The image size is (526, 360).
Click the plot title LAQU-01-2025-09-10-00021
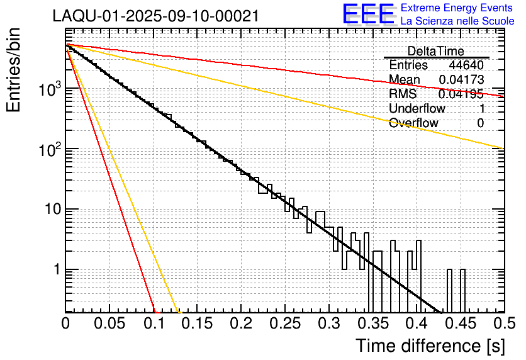coord(156,16)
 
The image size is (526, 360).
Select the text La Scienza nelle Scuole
coord(457,21)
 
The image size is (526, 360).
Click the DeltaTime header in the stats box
coord(436,51)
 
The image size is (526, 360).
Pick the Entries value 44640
coord(466,65)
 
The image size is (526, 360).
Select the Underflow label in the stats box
coord(417,109)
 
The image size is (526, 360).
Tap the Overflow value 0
coord(480,123)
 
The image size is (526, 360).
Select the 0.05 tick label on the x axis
coord(109,323)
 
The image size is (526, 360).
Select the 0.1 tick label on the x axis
coord(154,323)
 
